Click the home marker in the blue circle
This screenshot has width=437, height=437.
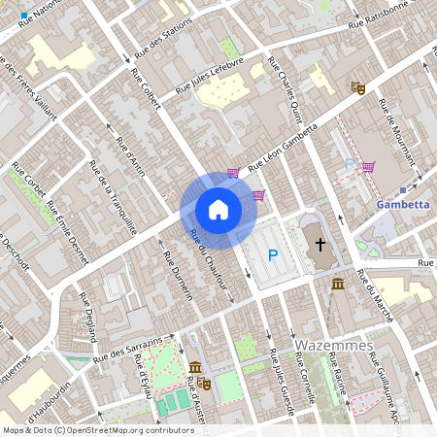(218, 209)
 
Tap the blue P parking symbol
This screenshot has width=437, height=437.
(273, 255)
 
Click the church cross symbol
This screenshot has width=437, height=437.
(319, 244)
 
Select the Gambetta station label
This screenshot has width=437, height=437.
(402, 205)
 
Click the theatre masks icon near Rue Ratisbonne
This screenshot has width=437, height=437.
(357, 87)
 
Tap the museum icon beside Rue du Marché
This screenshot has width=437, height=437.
(337, 284)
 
